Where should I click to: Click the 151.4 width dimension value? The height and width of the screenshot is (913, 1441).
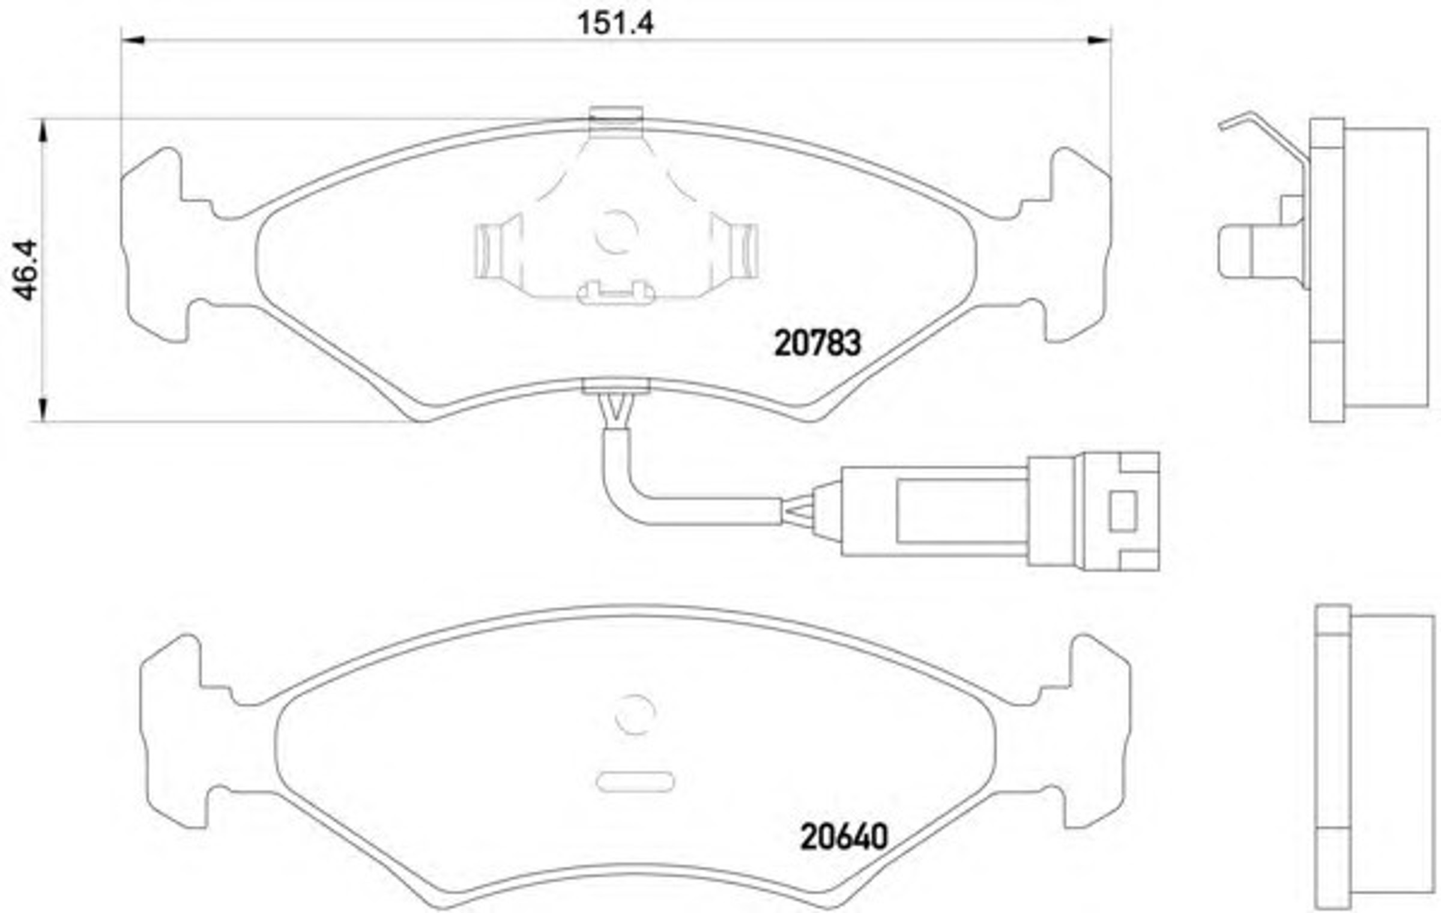(x=615, y=23)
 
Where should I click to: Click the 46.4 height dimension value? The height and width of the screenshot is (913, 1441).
(x=26, y=270)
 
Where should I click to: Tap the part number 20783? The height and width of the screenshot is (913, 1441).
(x=818, y=343)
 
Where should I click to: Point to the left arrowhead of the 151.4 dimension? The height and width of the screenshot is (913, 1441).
(x=133, y=40)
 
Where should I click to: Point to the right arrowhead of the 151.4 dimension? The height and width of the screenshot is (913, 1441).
(x=1099, y=40)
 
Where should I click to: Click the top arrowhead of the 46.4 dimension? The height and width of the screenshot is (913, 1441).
(x=43, y=130)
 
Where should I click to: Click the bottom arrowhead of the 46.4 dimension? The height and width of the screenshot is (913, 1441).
(x=43, y=410)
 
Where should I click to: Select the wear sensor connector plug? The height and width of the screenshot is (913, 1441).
(x=1000, y=511)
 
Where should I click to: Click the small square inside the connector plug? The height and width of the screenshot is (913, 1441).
(x=1123, y=511)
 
